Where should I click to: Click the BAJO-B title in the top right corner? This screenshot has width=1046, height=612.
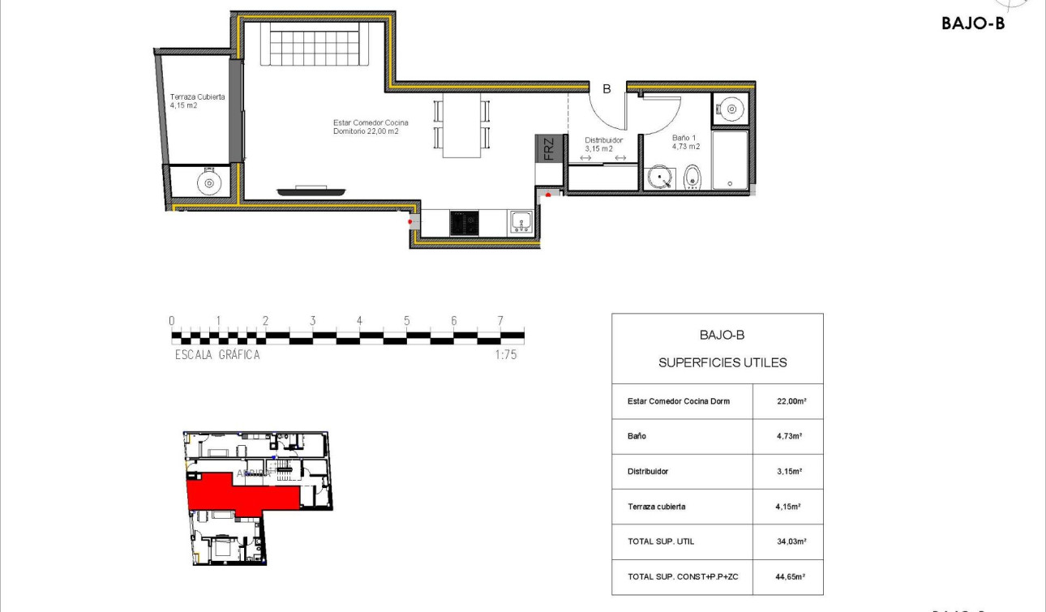[x=973, y=24]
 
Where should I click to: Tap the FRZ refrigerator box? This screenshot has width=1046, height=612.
[x=548, y=148]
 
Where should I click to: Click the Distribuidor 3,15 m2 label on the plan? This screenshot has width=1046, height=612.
[x=604, y=144]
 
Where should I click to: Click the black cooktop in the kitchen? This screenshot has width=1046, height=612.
[x=465, y=222]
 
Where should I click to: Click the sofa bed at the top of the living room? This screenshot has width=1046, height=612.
[x=315, y=45]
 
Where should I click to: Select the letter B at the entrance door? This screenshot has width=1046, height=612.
[x=606, y=89]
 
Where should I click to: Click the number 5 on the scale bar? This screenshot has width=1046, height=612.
[x=406, y=321]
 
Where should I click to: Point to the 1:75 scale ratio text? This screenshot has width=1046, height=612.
[x=505, y=354]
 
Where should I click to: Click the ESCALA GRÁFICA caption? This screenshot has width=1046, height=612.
[x=217, y=354]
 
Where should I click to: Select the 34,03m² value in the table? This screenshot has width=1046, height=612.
[x=788, y=541]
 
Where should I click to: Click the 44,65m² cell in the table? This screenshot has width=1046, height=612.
[x=788, y=576]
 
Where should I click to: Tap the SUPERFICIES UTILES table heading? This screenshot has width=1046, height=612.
[x=722, y=362]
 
